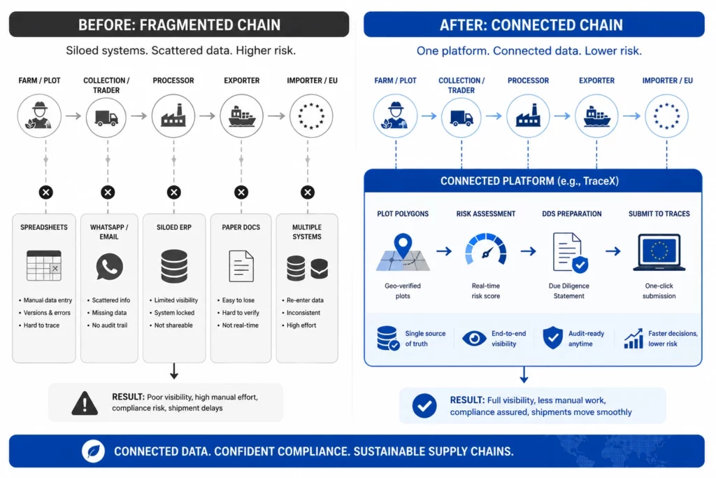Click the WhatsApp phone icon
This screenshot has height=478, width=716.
pyautogui.click(x=110, y=267)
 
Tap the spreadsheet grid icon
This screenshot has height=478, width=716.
pyautogui.click(x=44, y=265)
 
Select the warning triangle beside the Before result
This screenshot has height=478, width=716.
pyautogui.click(x=85, y=403)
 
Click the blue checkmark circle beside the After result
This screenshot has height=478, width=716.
pyautogui.click(x=424, y=406)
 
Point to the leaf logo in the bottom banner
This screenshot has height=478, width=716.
pyautogui.click(x=93, y=451)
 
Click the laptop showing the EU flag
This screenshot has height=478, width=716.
pyautogui.click(x=659, y=252)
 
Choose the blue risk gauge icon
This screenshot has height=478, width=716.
pyautogui.click(x=486, y=250)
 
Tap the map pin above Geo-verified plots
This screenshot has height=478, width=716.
pyautogui.click(x=403, y=246)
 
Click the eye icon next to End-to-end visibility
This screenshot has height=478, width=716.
pyautogui.click(x=474, y=339)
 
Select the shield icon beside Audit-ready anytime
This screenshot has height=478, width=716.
pyautogui.click(x=553, y=338)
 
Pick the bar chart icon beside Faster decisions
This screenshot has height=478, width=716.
pyautogui.click(x=633, y=339)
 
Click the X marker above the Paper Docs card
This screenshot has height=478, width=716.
pyautogui.click(x=241, y=192)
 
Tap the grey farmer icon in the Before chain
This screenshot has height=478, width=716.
pyautogui.click(x=39, y=115)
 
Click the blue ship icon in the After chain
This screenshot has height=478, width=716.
pyautogui.click(x=596, y=116)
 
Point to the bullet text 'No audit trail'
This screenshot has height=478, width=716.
pyautogui.click(x=110, y=325)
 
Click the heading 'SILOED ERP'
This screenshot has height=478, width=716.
pyautogui.click(x=174, y=227)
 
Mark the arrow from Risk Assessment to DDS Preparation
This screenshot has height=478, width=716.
pyautogui.click(x=529, y=251)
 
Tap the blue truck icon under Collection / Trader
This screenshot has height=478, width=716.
pyautogui.click(x=461, y=118)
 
